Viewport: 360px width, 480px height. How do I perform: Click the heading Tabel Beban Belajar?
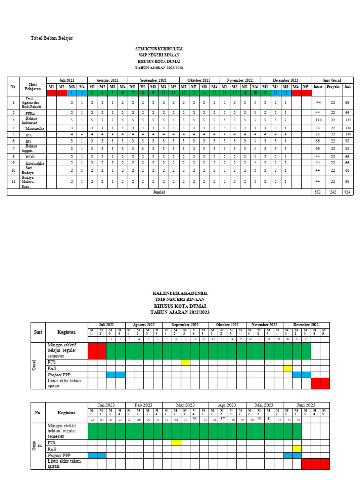52,38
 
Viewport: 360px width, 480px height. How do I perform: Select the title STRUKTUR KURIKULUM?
159,49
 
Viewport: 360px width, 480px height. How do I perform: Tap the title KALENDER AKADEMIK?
180,293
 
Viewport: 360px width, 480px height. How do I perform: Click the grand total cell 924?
347,192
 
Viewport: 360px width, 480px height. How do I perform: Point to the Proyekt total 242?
333,192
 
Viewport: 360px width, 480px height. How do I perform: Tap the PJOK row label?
30,157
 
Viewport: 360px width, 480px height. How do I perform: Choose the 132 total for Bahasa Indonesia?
347,120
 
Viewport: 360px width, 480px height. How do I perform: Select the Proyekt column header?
333,87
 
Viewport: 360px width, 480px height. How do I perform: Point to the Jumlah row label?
159,192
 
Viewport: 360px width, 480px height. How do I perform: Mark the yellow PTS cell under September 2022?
186,362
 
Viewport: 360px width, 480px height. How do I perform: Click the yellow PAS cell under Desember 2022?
287,368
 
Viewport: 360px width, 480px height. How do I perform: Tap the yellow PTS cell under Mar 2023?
176,442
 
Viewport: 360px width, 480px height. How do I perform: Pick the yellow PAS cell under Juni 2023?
297,449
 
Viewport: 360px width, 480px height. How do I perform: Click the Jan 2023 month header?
106,405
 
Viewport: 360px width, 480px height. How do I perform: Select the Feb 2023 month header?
143,405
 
